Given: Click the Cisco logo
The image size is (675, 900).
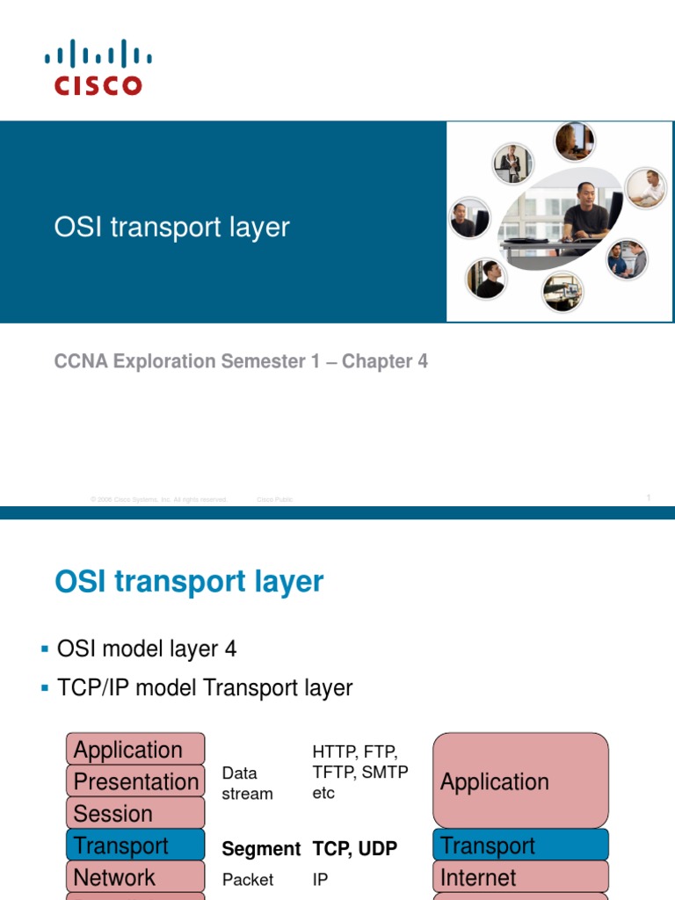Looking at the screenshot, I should point(98,67).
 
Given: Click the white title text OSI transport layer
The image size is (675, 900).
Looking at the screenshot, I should point(171,227).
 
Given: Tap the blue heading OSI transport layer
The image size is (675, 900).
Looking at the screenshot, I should point(189,582).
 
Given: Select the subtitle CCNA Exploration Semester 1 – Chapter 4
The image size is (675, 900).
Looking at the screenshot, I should point(241,361).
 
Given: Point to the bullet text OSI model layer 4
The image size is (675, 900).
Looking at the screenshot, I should point(147,650).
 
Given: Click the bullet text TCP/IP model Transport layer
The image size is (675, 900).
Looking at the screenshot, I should point(205,688).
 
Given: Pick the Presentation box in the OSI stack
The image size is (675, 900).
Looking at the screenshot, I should point(135,781).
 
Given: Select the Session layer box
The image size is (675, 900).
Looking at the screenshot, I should point(135,813).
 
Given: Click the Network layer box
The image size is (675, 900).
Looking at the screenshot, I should point(135,877).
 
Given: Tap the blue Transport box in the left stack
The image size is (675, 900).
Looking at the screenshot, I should point(135,846).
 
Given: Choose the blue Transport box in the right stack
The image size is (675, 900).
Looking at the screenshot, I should point(520,846).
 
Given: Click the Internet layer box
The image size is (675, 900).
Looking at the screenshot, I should point(520,877).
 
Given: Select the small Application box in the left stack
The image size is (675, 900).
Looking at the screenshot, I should point(135,750).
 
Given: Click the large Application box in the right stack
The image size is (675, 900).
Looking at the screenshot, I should point(520,781).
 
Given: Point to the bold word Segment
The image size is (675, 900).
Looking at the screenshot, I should point(261,849).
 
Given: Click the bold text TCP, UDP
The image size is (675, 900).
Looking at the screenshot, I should point(355,849).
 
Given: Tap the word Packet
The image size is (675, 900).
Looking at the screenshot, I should point(248,879).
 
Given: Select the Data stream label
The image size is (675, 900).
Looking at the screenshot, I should point(247,783).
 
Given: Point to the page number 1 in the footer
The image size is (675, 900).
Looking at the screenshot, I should point(648,498).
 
